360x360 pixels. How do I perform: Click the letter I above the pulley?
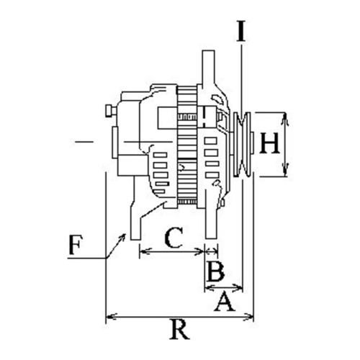pos(241,31)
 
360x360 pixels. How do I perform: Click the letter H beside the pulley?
pos(269,143)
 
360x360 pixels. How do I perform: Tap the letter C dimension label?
pos(174,238)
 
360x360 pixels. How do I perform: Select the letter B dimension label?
pos(215,271)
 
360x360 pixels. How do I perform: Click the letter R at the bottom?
pos(179,329)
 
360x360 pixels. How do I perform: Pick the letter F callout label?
pos(76,245)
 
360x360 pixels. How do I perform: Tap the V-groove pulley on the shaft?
pos(243,145)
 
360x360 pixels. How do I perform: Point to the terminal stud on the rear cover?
pos(111,111)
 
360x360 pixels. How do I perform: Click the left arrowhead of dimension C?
pos(144,251)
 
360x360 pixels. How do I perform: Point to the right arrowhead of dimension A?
pos(238,286)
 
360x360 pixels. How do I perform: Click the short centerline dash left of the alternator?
pos(84,142)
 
